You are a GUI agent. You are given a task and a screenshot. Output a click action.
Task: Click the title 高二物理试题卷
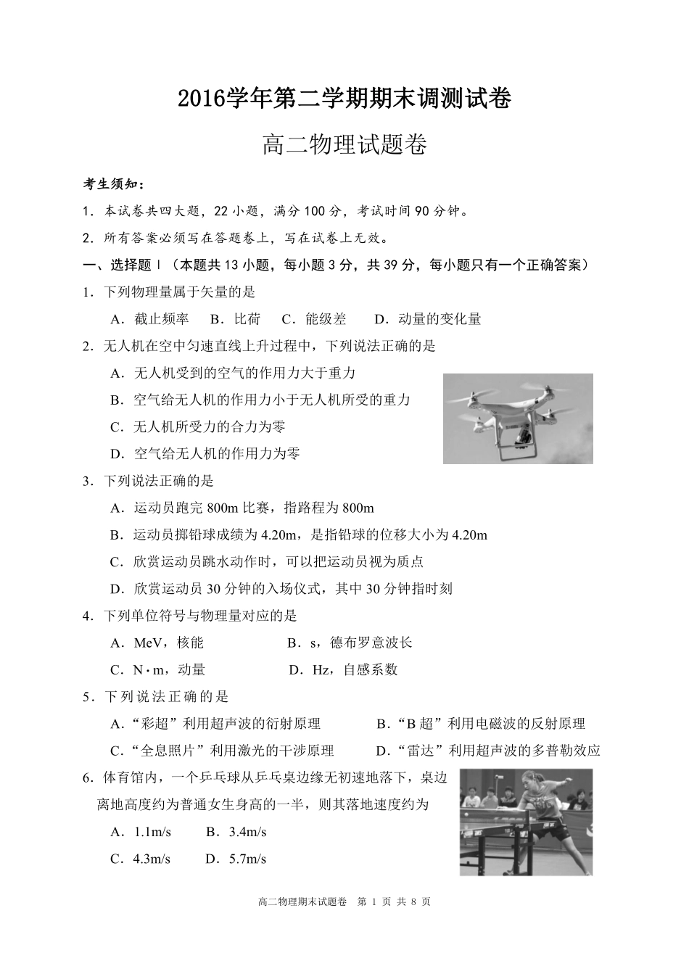pos(344,145)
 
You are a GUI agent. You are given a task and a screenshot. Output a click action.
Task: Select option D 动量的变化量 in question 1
pos(428,319)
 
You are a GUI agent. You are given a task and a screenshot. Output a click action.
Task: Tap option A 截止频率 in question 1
pos(150,319)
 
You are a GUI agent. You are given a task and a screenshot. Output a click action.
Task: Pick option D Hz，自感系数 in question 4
pos(343,669)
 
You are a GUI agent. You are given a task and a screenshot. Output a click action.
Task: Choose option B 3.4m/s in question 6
pos(236,832)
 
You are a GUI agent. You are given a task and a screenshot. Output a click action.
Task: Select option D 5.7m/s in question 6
pos(236,859)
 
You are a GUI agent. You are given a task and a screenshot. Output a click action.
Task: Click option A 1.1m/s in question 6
pos(141,832)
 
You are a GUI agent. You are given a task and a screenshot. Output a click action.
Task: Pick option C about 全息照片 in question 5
pos(222,751)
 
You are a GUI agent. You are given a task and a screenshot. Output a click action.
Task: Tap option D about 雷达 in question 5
pos(488,751)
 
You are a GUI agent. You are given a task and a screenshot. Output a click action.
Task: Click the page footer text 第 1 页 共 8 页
pos(395,902)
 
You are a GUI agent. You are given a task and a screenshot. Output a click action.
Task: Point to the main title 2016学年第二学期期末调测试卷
pos(344,98)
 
